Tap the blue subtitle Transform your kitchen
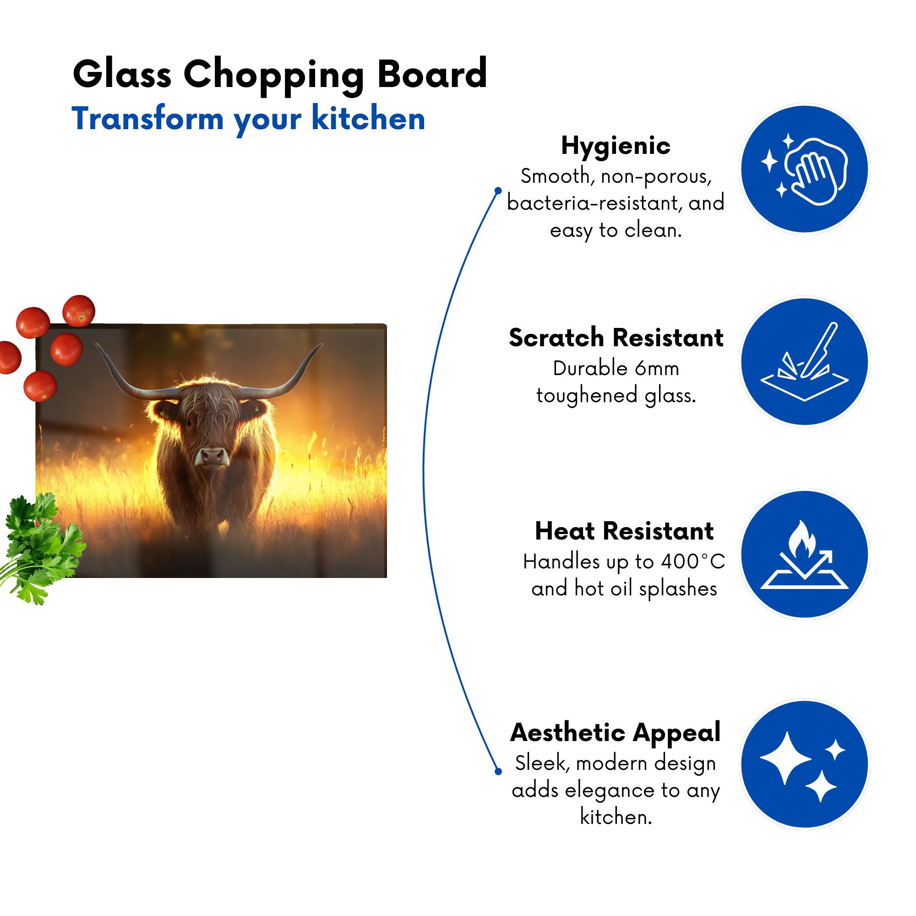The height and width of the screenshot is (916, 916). click(248, 119)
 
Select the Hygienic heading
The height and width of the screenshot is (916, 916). click(616, 146)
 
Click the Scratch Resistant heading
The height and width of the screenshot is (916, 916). click(616, 338)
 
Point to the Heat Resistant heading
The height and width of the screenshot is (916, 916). click(624, 530)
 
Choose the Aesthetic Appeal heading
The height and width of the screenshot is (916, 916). click(616, 733)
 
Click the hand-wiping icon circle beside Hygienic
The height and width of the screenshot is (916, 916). click(805, 169)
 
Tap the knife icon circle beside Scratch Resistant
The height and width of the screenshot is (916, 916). click(805, 362)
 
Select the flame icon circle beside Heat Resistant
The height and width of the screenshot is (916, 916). click(805, 554)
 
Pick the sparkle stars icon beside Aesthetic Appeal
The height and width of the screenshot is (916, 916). click(805, 765)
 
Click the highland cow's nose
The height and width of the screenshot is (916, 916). click(212, 456)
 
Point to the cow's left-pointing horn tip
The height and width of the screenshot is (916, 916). click(96, 345)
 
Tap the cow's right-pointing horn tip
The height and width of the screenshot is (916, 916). click(322, 345)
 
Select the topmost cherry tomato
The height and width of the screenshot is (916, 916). click(79, 311)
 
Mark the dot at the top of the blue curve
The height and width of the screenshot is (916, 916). click(498, 191)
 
